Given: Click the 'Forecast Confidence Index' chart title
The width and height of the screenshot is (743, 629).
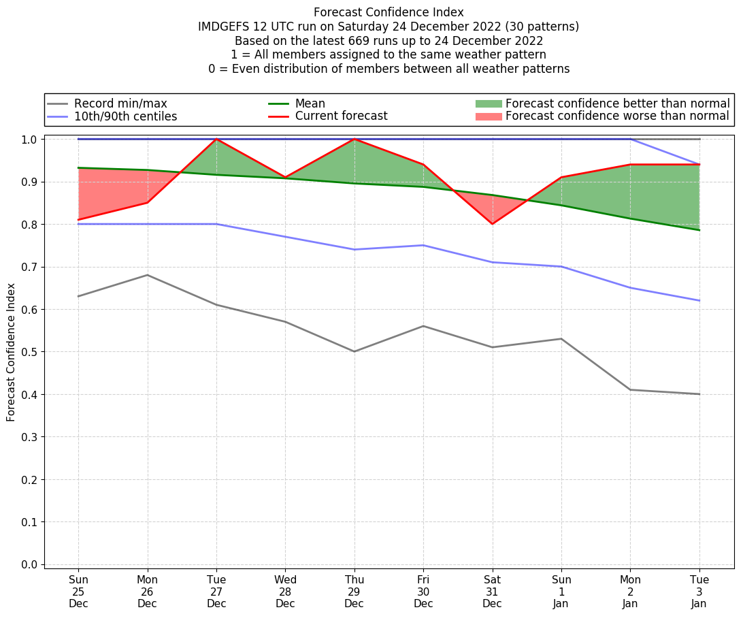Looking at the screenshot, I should click(389, 12).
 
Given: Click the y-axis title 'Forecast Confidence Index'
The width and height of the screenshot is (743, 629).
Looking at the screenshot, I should click(11, 352).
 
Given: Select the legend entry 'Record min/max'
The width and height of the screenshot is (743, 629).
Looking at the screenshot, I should click(120, 103).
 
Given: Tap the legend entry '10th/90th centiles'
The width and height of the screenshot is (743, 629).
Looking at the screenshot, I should click(125, 116).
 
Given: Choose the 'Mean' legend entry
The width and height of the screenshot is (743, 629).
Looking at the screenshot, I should click(310, 103).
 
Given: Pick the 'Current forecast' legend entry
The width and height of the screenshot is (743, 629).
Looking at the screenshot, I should click(341, 116).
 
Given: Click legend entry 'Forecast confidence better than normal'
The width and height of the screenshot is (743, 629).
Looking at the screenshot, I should click(617, 103).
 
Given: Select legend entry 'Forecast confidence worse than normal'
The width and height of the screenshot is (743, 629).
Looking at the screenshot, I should click(617, 116).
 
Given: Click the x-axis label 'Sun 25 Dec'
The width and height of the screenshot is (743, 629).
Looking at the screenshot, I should click(78, 592).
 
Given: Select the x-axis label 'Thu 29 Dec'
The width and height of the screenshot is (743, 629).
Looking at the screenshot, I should click(354, 592).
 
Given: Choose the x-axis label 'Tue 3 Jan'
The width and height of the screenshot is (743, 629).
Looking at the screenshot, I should click(699, 592).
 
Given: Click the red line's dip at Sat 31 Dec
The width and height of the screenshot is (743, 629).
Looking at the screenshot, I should click(492, 224).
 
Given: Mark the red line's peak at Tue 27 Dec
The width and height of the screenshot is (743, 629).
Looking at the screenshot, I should click(216, 139).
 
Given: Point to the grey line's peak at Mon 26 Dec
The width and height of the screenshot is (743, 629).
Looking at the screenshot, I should click(147, 275).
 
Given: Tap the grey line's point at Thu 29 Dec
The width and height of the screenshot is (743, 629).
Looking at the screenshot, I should click(354, 351).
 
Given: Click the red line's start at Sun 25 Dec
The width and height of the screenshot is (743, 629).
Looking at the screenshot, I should click(78, 220).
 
